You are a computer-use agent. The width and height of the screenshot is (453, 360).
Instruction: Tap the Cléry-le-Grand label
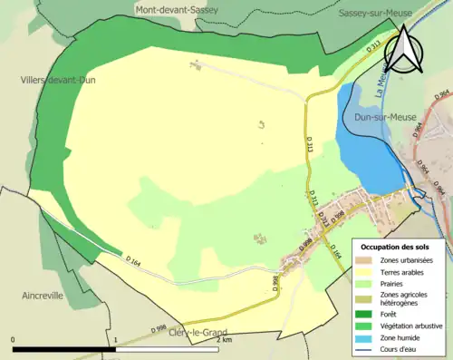coord(200,332)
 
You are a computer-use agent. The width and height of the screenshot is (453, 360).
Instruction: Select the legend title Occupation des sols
coord(395,247)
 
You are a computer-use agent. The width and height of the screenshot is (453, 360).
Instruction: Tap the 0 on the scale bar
coord(14,340)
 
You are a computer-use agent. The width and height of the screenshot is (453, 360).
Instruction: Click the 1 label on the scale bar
coord(116,340)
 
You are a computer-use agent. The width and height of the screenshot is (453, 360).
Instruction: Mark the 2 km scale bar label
coord(225,340)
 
